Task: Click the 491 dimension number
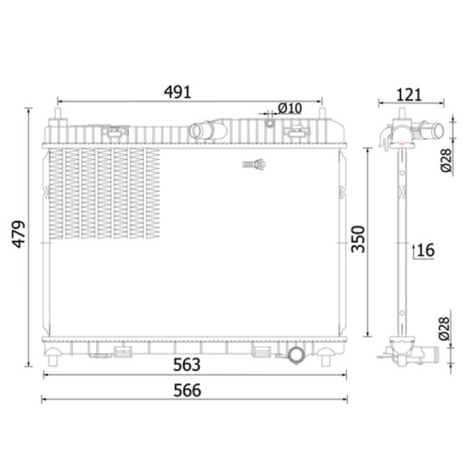point(177,92)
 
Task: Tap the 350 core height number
point(358,239)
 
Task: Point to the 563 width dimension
point(187,364)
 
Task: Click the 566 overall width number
point(187,390)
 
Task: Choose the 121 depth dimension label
point(409,95)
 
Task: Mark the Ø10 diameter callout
point(290,108)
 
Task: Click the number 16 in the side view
point(425,250)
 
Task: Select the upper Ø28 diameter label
point(446,161)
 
